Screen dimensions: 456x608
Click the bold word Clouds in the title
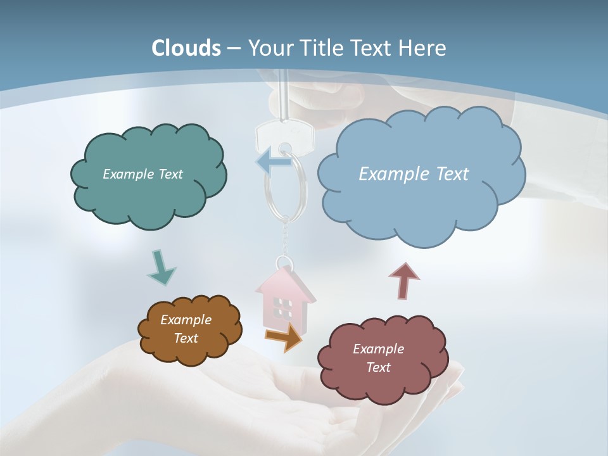pyautogui.click(x=186, y=48)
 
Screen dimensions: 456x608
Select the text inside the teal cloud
pyautogui.click(x=142, y=174)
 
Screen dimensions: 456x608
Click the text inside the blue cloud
pyautogui.click(x=414, y=174)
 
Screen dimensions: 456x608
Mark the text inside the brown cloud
pyautogui.click(x=186, y=329)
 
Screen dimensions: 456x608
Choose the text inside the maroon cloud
pyautogui.click(x=378, y=358)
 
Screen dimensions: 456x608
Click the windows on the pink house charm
pyautogui.click(x=282, y=308)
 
